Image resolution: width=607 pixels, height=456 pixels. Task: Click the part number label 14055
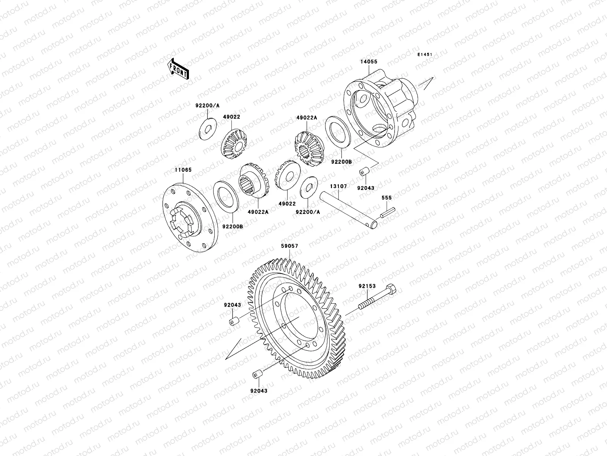tap(369, 62)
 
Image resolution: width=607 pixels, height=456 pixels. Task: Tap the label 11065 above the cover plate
tap(183, 181)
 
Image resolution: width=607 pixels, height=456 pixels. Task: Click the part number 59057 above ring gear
tap(289, 246)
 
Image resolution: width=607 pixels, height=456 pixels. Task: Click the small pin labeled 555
tap(389, 212)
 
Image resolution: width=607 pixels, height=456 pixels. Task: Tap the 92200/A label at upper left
tap(208, 106)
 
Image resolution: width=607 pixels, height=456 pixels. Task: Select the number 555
tap(387, 198)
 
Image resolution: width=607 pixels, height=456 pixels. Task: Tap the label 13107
tap(338, 186)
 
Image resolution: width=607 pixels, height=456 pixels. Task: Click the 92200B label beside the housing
tap(341, 161)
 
